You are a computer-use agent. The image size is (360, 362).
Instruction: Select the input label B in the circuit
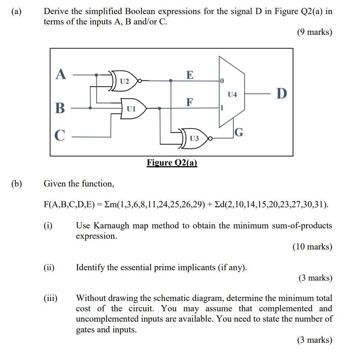(x=60, y=108)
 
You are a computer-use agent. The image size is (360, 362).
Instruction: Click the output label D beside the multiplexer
(x=281, y=94)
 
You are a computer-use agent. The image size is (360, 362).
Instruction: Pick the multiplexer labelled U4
(x=232, y=95)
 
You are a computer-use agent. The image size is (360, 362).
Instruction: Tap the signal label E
(x=190, y=75)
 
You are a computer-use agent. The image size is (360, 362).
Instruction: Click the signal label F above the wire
(x=190, y=102)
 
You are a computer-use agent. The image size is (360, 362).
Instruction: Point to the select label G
(x=239, y=132)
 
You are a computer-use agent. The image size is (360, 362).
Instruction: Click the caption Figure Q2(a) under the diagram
(x=172, y=163)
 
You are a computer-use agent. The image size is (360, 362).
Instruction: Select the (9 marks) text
(x=314, y=32)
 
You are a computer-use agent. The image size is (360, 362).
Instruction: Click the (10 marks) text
(x=312, y=247)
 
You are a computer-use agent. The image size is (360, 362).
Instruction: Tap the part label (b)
(x=16, y=184)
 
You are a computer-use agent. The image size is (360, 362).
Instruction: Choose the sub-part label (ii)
(x=49, y=267)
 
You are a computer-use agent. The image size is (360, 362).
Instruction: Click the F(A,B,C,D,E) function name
(x=69, y=205)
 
